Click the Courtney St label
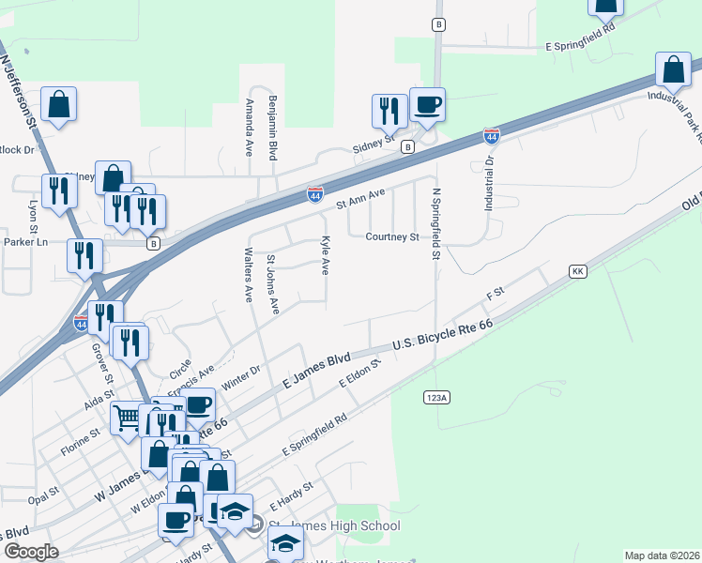point(392,237)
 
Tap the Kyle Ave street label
point(326,255)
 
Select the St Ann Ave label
point(361,197)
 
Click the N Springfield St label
point(435,223)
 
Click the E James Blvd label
point(316,371)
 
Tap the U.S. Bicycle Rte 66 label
point(442,335)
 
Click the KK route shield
point(578,270)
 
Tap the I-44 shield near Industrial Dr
point(491,136)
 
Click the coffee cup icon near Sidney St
point(427,105)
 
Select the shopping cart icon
point(127,418)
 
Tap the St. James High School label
point(334,525)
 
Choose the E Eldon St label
point(359,373)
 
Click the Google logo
point(30,552)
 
